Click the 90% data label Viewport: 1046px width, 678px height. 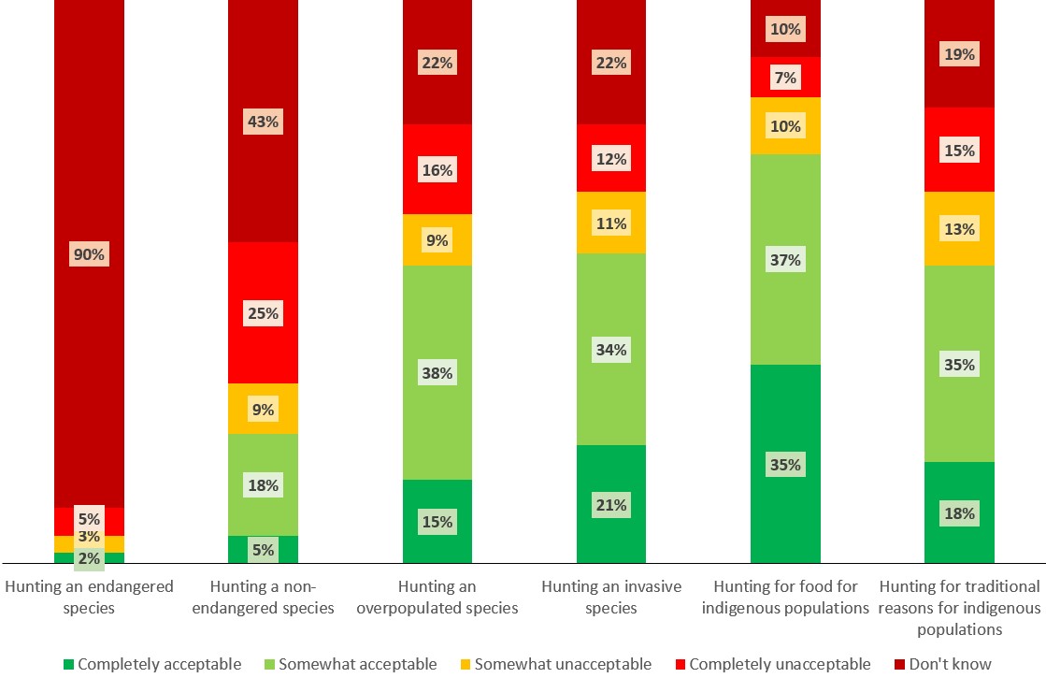click(89, 254)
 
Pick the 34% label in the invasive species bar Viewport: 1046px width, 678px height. click(611, 350)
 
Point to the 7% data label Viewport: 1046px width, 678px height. click(785, 78)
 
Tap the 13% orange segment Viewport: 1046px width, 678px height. click(959, 229)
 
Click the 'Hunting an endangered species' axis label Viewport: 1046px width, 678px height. click(89, 598)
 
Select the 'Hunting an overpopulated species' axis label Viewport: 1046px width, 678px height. click(437, 598)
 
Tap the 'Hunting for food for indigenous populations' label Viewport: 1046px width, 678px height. click(785, 598)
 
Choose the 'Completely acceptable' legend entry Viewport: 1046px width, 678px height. click(150, 664)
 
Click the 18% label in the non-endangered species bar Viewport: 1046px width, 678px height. click(263, 485)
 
